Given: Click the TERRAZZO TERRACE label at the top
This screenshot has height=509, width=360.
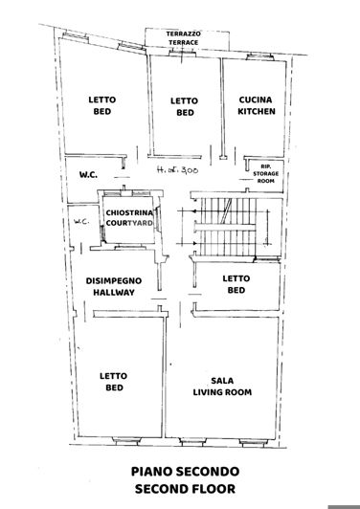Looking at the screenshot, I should pyautogui.click(x=184, y=38).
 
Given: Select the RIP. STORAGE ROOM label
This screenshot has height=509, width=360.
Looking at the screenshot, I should pyautogui.click(x=266, y=171).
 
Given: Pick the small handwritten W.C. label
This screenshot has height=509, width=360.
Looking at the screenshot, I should pyautogui.click(x=80, y=224).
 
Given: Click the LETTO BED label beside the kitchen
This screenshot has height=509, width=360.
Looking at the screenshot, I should pyautogui.click(x=183, y=106).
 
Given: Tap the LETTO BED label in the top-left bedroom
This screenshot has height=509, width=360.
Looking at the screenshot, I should pyautogui.click(x=101, y=106).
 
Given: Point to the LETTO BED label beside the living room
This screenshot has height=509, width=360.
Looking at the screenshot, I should pyautogui.click(x=113, y=383).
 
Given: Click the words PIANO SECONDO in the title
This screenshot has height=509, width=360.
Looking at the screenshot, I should pyautogui.click(x=181, y=473).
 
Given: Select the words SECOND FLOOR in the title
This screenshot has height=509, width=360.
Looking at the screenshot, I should pyautogui.click(x=181, y=490).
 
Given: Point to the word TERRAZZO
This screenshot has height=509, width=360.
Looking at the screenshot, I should pyautogui.click(x=184, y=33).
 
